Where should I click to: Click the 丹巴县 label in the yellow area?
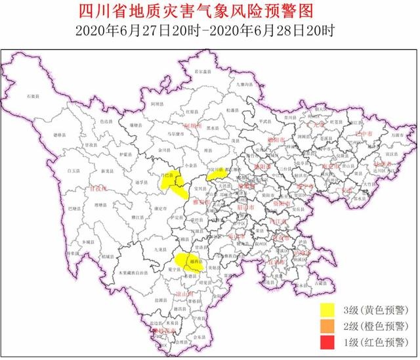[x=169, y=175]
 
